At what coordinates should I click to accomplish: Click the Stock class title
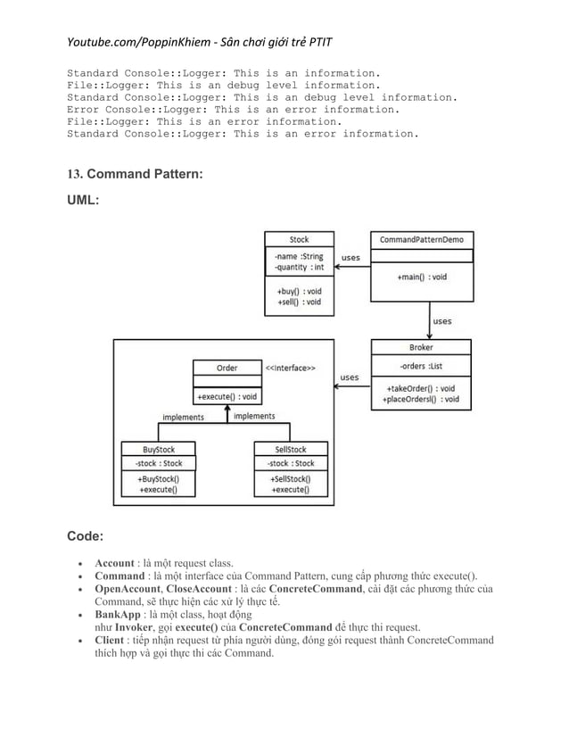300,239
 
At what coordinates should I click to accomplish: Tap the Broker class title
421,348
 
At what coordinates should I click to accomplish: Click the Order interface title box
227,368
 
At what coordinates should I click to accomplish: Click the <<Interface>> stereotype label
289,367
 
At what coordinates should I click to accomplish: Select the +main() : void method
421,277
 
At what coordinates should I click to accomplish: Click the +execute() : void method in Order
227,397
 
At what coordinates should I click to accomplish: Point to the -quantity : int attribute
299,267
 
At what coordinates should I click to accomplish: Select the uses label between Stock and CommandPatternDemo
350,257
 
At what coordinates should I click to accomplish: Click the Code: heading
86,536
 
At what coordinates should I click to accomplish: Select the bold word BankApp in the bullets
117,615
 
